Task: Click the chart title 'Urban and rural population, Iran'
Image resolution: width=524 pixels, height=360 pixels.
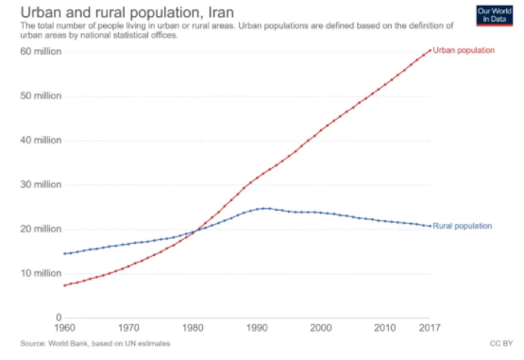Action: [116, 12]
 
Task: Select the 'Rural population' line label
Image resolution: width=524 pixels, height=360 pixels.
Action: [465, 226]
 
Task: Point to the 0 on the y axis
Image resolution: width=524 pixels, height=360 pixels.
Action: [58, 317]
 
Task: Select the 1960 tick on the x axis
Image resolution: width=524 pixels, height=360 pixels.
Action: [64, 328]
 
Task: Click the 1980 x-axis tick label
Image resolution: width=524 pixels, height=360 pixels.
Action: [193, 328]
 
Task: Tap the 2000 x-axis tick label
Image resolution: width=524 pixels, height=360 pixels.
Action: [321, 328]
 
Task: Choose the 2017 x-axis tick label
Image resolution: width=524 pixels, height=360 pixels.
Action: [430, 328]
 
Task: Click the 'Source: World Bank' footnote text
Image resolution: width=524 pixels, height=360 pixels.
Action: [80, 343]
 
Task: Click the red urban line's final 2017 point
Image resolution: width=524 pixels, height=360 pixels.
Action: [431, 50]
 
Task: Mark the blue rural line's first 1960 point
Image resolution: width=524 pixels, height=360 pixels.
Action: [64, 253]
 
